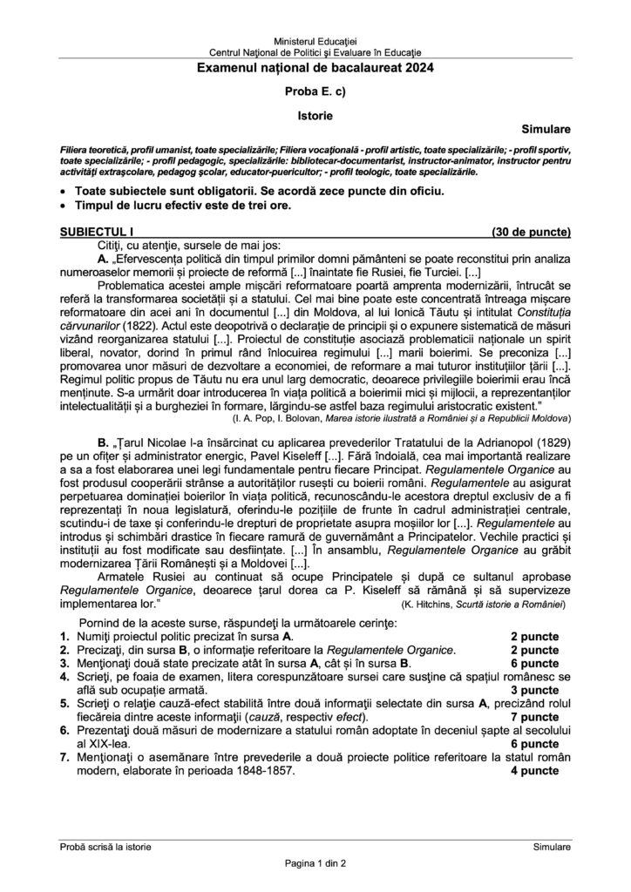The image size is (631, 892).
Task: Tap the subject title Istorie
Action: tap(315, 112)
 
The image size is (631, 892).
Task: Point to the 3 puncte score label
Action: tap(534, 688)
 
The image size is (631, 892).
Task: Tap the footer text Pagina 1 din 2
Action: tap(315, 863)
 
